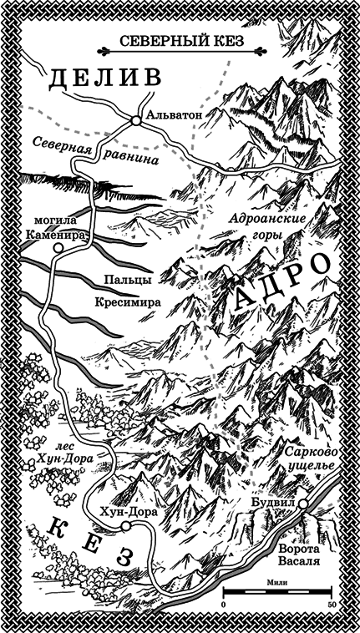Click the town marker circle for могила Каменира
(57, 247)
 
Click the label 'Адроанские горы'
(268, 226)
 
